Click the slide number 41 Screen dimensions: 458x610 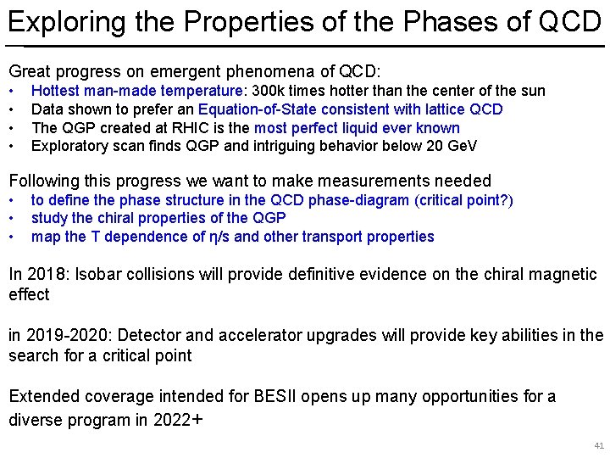599,445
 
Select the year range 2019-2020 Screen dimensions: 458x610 61,336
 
